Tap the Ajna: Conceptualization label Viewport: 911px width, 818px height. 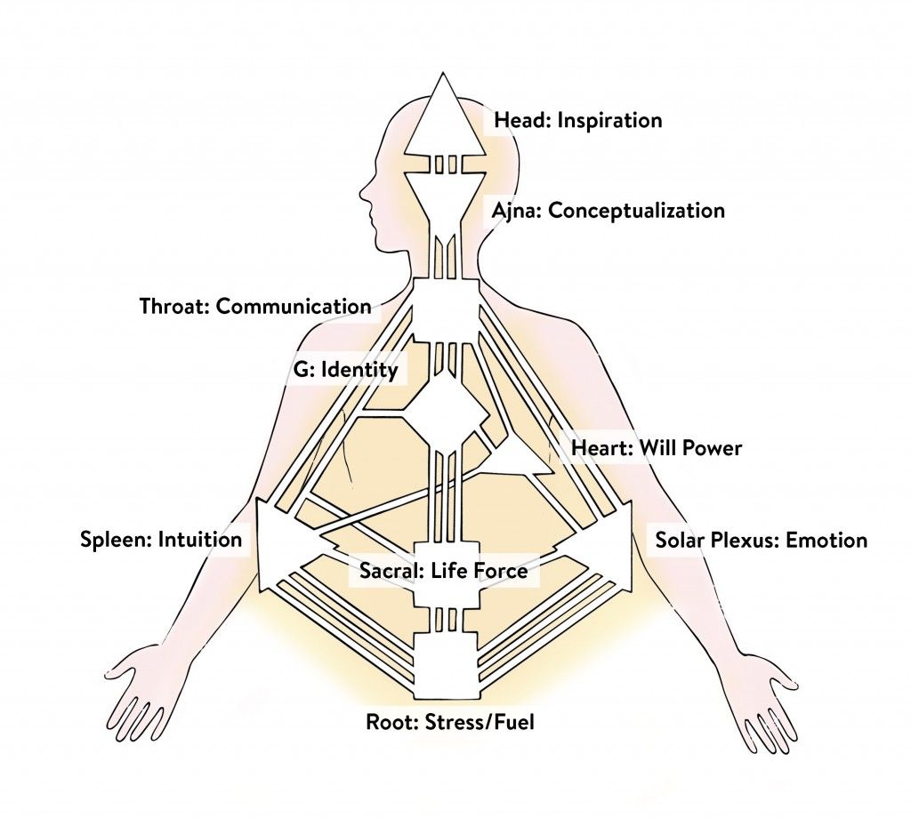point(608,211)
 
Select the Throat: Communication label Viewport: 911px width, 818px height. point(255,307)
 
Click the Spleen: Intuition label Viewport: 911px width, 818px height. point(161,539)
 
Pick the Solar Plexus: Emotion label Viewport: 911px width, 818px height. point(761,540)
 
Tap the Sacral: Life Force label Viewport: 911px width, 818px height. point(443,571)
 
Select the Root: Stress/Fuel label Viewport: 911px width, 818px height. point(449,720)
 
